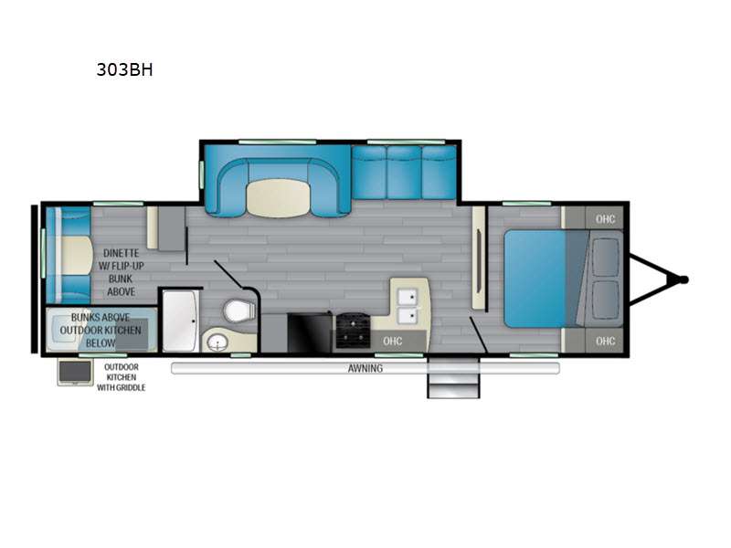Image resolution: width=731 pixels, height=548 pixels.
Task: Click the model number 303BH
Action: tap(124, 70)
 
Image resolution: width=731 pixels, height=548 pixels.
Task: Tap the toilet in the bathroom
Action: tap(239, 311)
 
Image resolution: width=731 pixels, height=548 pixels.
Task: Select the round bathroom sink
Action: tap(217, 342)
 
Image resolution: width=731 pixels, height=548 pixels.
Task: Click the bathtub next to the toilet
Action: tap(180, 321)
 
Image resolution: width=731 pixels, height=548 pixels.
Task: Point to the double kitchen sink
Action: tap(408, 306)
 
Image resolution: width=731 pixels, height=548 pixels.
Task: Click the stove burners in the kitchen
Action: tap(353, 331)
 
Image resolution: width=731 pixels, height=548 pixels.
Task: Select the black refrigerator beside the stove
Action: tap(310, 333)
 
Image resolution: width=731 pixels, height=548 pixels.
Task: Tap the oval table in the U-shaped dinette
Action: tap(279, 198)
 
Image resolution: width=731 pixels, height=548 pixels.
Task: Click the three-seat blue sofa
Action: tap(404, 173)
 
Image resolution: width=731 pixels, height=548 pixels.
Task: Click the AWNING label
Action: tap(365, 369)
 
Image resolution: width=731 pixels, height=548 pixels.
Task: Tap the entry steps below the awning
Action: tap(453, 377)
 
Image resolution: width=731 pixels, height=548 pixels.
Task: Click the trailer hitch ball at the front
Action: tap(683, 280)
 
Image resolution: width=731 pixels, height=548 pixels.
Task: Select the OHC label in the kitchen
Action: tap(393, 341)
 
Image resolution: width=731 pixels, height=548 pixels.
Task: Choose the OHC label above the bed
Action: tap(605, 219)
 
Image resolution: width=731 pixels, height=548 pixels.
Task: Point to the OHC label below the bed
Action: tap(605, 341)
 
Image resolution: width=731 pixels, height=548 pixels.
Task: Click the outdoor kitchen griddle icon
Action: tap(75, 373)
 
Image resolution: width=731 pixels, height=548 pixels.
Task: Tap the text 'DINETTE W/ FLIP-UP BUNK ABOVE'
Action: tap(122, 272)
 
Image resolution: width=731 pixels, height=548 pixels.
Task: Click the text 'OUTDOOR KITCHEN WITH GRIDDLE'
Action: tap(122, 377)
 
